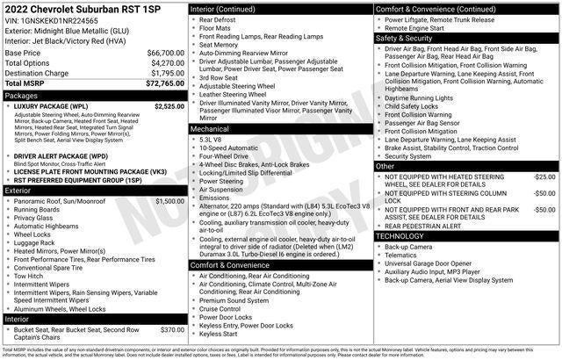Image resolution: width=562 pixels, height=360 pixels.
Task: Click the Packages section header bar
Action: [x=94, y=95]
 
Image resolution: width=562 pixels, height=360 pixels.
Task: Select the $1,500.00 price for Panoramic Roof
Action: [x=169, y=200]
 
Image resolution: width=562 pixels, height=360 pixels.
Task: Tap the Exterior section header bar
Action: [x=94, y=190]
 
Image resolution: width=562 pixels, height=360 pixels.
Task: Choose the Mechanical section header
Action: [x=279, y=128]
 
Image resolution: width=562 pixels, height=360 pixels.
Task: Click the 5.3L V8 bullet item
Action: [x=211, y=140]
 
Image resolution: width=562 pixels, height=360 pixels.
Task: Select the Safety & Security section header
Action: [x=466, y=39]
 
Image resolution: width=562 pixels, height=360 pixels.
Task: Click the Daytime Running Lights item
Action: [x=420, y=97]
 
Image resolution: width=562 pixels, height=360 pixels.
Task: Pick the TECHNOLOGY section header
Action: [x=466, y=236]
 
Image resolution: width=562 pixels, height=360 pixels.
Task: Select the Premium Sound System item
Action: [x=234, y=300]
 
